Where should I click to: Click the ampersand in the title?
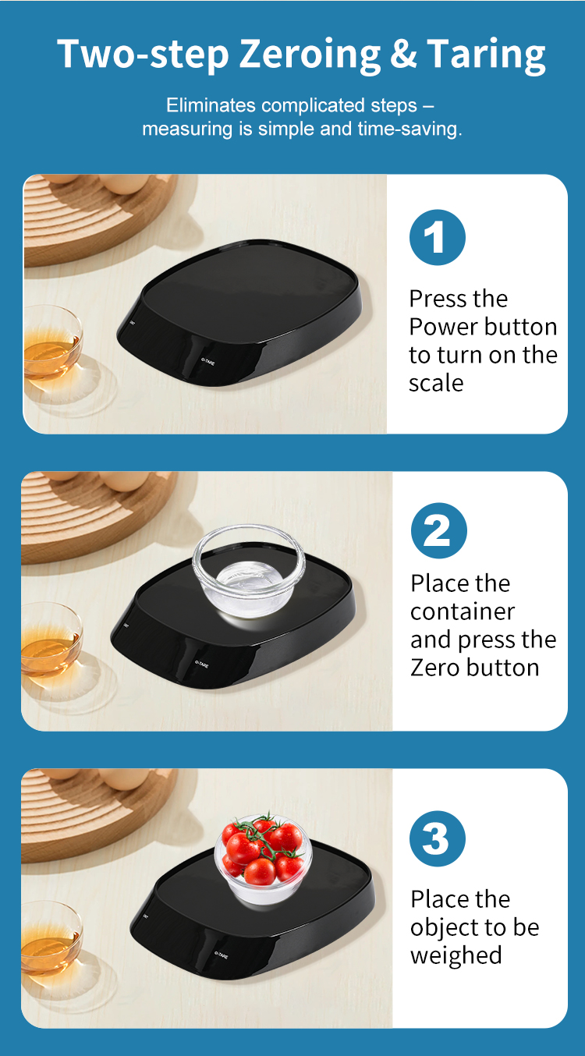tap(403, 53)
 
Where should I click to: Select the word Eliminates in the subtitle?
tap(211, 105)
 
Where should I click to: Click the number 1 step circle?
tap(437, 237)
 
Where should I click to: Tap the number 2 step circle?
tap(439, 530)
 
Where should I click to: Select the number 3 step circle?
tap(438, 838)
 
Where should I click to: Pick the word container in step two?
tap(463, 612)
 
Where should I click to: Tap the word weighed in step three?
tap(456, 956)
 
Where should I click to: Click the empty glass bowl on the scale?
tap(249, 569)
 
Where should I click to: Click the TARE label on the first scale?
tap(208, 362)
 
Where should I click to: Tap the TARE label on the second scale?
tap(201, 664)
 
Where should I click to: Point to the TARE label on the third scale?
tap(221, 955)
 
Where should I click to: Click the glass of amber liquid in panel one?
tap(52, 342)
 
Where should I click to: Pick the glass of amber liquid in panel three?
tap(51, 938)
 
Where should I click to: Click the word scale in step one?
tap(436, 383)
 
